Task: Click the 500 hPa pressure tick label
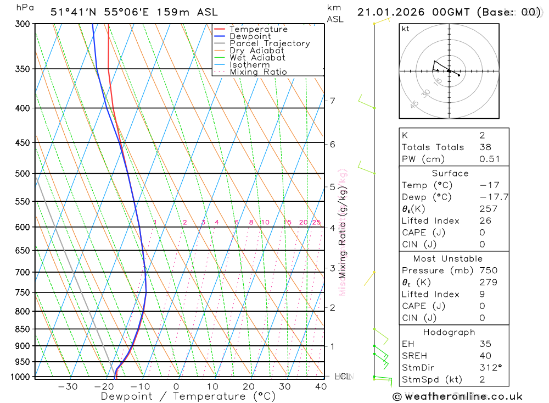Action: coord(24,174)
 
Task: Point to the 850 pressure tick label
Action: coord(24,329)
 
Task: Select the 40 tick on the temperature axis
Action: coord(321,387)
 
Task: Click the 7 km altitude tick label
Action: coord(332,101)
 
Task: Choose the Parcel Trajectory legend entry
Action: coord(270,43)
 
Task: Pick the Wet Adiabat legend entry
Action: coord(257,58)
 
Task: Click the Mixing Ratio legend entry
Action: coord(258,72)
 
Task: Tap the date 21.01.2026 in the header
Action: coord(386,12)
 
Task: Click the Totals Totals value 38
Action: coord(485,147)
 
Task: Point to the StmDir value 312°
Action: coord(488,367)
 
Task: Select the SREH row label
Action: coord(414,356)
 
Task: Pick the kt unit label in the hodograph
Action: coord(406,29)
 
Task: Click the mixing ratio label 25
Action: coord(316,222)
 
